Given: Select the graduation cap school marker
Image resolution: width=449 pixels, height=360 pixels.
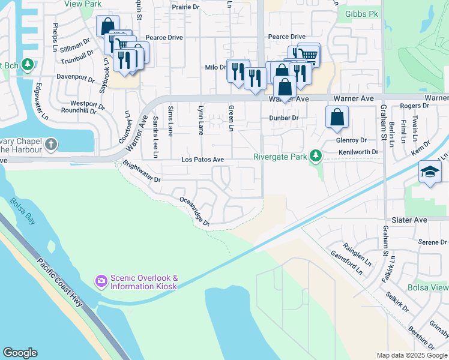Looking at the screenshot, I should [430, 172].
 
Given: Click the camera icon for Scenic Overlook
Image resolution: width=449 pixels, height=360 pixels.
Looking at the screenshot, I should [101, 281].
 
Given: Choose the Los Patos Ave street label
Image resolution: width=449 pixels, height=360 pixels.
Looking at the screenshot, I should [203, 160].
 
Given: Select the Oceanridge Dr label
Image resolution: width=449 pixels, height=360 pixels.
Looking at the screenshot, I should [193, 211].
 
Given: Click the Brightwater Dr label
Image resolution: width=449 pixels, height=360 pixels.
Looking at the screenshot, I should [142, 172].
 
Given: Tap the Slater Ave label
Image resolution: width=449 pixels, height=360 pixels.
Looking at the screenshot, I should [409, 220].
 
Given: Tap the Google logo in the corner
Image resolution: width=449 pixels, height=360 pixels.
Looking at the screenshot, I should [20, 353].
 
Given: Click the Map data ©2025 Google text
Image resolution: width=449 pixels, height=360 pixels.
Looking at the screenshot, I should [412, 355].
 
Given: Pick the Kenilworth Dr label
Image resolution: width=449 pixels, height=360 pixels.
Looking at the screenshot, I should [358, 152].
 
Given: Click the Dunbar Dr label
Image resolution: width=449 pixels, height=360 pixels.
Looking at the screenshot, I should [285, 118].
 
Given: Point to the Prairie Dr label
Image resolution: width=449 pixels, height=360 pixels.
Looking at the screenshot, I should [185, 7].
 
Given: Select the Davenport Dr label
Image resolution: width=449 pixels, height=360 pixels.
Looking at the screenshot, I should [76, 79].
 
